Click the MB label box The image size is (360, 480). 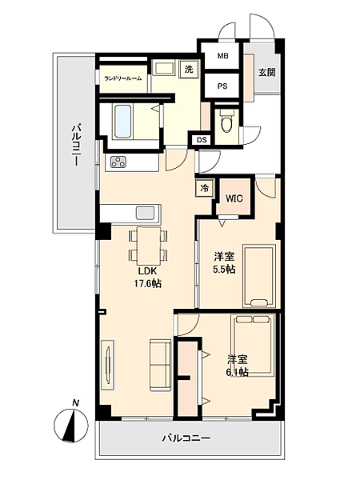point(222,56)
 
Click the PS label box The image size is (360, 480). point(222,84)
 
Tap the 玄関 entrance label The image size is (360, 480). point(266,71)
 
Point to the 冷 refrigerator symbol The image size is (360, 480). point(205,189)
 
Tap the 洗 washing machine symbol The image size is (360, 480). point(189,70)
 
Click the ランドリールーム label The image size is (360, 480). point(122,78)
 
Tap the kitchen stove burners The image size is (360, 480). point(119,162)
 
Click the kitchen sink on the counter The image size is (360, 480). point(146,212)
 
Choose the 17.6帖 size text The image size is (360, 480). point(147,283)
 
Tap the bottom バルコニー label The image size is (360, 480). point(186,438)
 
